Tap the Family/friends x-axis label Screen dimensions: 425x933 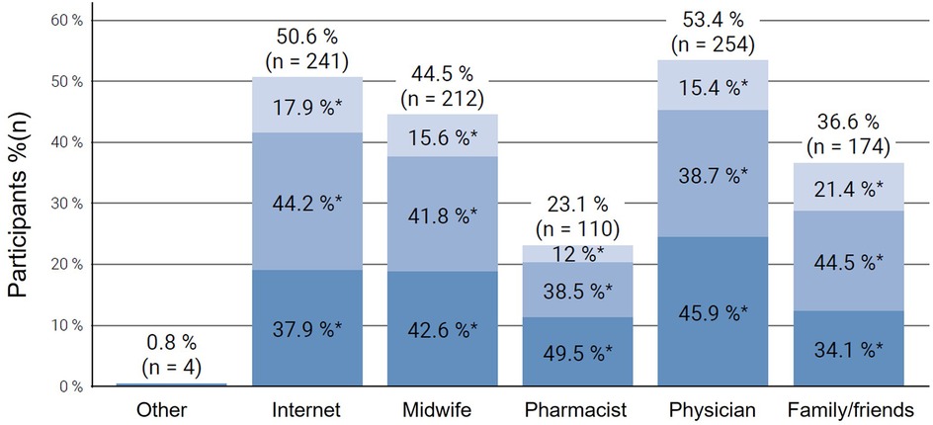843,408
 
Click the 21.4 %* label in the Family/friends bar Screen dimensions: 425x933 843,191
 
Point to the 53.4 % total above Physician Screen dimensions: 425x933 709,19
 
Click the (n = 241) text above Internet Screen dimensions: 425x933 307,60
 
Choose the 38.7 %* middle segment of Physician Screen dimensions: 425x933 709,177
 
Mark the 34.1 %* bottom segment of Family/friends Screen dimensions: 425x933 843,350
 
